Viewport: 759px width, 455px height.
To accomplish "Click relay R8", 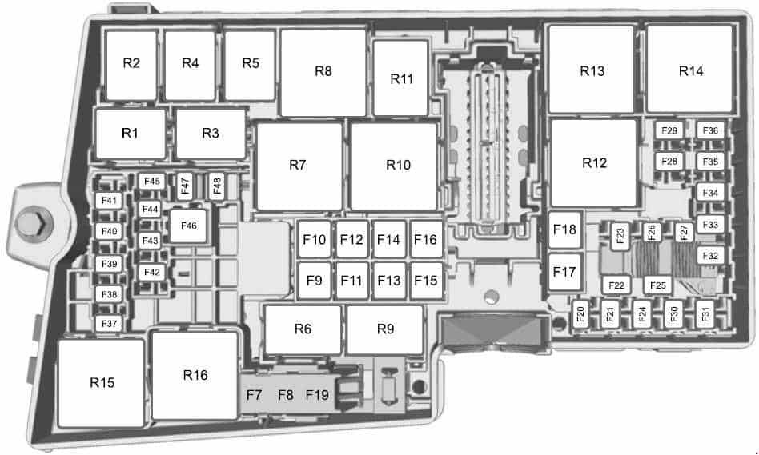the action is (x=323, y=72).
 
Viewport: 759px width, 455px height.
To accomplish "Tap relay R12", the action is (x=594, y=163).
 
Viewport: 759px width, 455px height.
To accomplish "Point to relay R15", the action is (x=102, y=383).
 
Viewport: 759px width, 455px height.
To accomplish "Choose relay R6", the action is (x=303, y=329).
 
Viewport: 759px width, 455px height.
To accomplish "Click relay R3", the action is (x=211, y=134).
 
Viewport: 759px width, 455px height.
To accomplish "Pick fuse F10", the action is (x=315, y=239).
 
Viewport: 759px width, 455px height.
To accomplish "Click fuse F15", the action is (x=426, y=281).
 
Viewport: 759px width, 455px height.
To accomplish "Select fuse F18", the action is (x=565, y=229).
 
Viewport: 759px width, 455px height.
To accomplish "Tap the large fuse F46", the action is (x=189, y=226).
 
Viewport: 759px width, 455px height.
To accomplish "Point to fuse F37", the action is (x=110, y=324).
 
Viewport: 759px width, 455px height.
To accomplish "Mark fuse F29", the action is (x=669, y=130).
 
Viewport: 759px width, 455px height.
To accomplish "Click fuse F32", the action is (x=710, y=256).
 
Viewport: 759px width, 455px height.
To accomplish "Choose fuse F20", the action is (x=581, y=313).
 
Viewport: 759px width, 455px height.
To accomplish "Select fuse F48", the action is (x=217, y=186).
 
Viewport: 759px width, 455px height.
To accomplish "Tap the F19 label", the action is (x=317, y=395).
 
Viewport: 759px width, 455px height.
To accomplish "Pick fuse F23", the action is (x=620, y=237).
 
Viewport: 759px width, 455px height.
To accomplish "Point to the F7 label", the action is (x=254, y=395).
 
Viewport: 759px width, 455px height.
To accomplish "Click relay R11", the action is (x=401, y=78).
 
